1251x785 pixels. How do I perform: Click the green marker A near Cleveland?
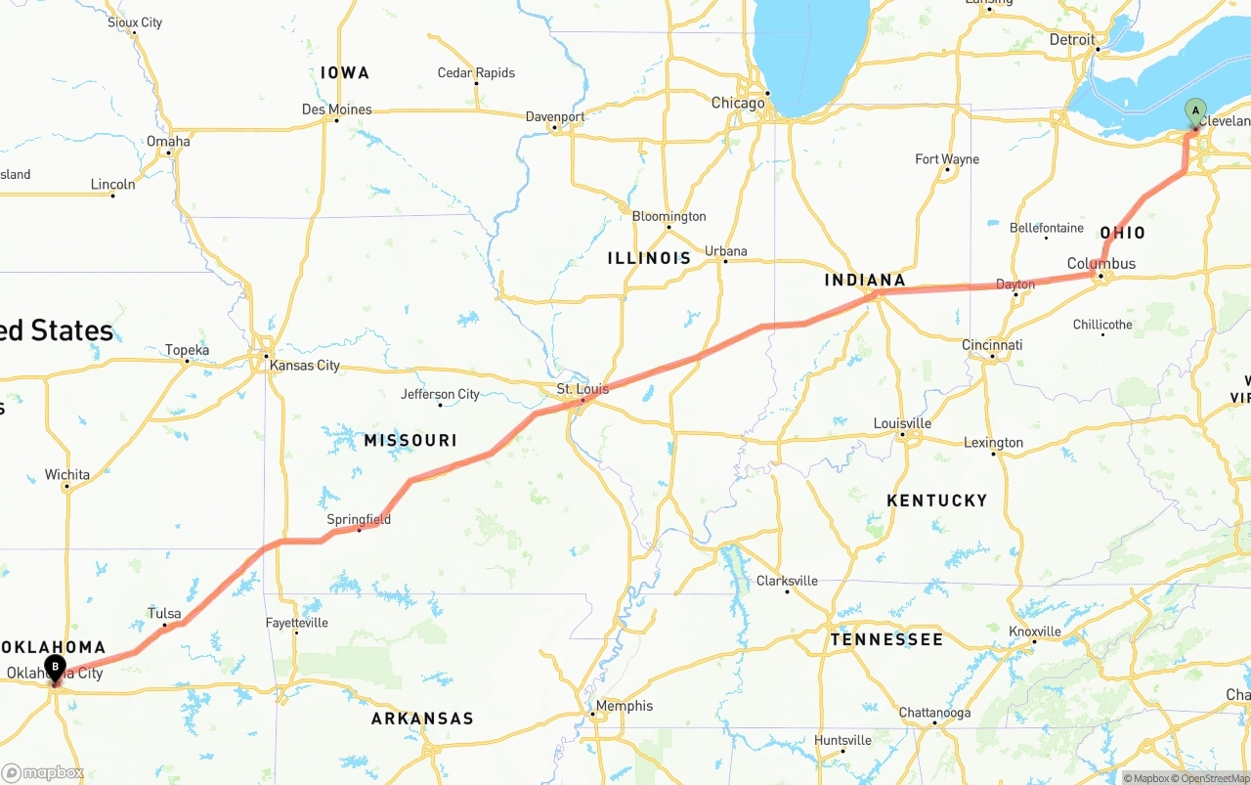pos(1194,111)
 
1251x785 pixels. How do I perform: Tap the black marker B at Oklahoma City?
pos(55,668)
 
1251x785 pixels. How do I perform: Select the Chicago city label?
pos(738,103)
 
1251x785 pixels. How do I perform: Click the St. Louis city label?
pos(582,389)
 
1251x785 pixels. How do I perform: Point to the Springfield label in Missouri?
pos(359,519)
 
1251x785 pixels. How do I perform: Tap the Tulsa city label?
pos(164,614)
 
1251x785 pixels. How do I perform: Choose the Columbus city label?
pos(1101,263)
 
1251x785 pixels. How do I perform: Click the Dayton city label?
pos(1015,284)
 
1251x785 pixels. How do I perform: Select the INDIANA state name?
pos(865,281)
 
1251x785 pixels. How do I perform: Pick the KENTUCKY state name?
pos(936,501)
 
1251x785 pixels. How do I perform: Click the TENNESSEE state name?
pos(886,639)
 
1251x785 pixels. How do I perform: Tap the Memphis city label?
pos(624,706)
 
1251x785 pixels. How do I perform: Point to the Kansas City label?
pos(305,366)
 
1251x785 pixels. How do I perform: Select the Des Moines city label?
pos(336,109)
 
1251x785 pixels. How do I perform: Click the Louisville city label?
pos(902,423)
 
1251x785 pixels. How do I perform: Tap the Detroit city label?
pos(1072,40)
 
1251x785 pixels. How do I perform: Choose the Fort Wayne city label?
pos(947,159)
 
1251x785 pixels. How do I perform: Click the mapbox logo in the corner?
pos(43,772)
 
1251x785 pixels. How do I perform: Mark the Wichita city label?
pos(66,475)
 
